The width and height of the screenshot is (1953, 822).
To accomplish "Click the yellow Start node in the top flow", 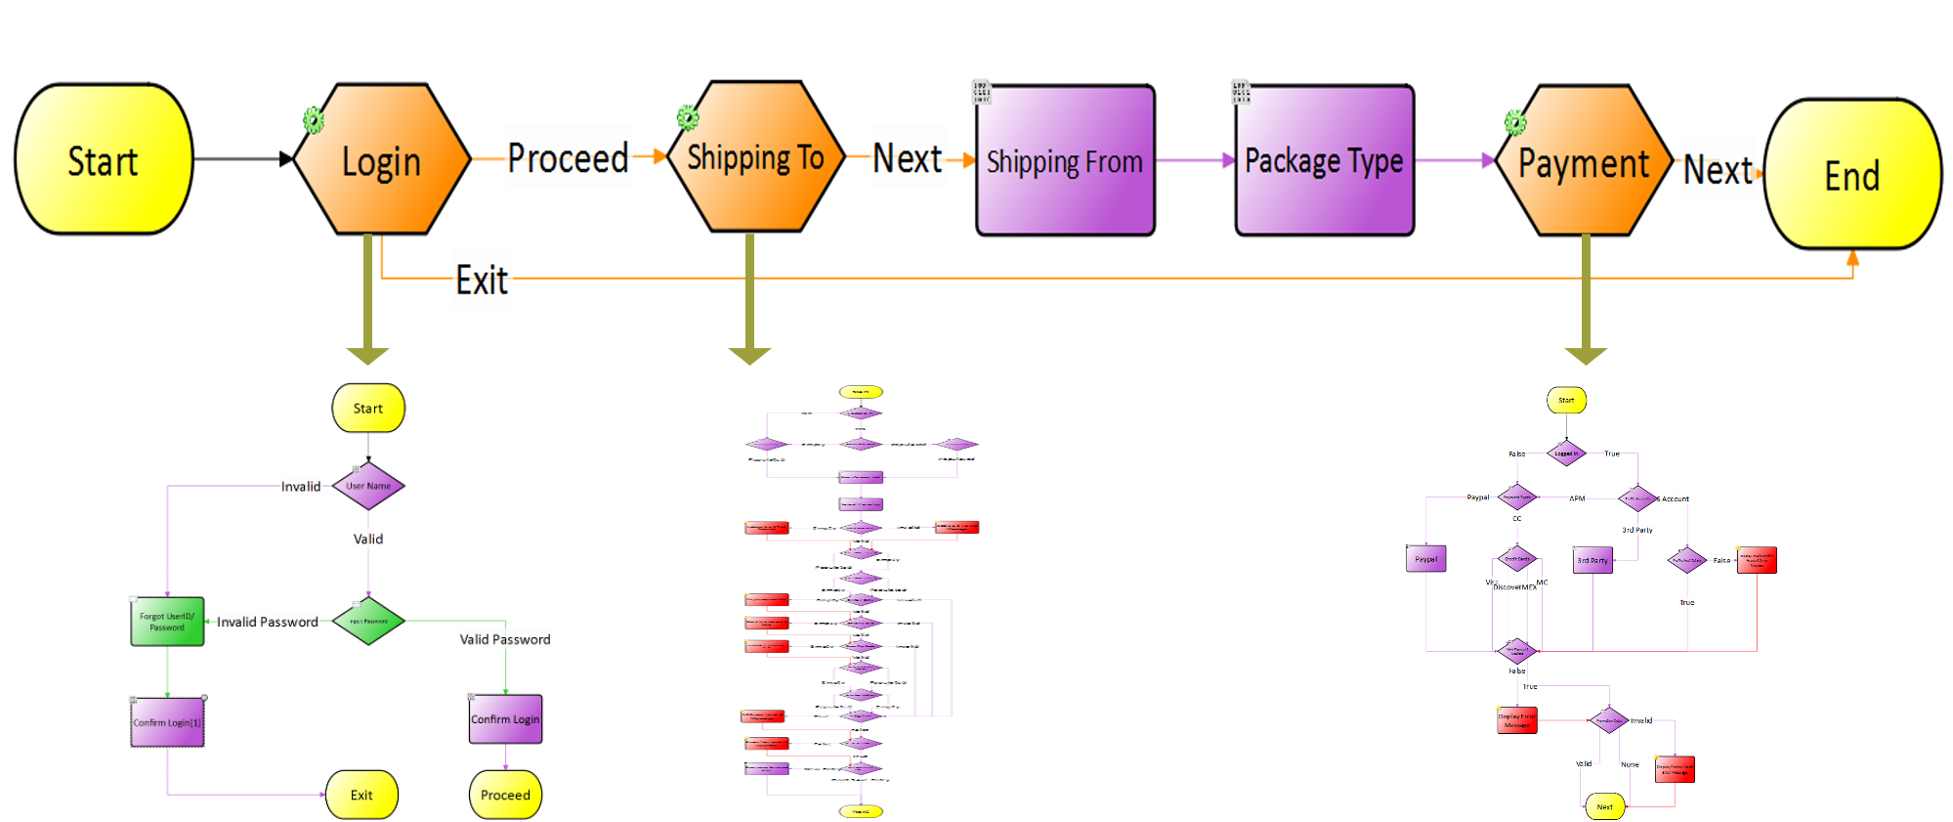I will tap(104, 159).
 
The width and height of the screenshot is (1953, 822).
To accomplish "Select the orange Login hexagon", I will tap(382, 159).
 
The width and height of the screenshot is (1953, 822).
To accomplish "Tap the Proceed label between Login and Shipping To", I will tap(568, 157).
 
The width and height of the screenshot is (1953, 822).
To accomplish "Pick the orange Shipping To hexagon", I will tap(755, 157).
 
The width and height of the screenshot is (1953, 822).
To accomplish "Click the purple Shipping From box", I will tap(1065, 160).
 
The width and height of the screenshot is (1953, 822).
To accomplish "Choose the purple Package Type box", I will tap(1324, 160).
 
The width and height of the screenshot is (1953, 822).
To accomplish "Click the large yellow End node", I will tap(1852, 175).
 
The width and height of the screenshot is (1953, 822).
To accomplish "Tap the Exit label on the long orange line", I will tap(483, 281).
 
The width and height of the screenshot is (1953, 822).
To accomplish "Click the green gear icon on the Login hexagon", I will tap(313, 120).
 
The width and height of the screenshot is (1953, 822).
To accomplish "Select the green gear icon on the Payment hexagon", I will tap(1514, 123).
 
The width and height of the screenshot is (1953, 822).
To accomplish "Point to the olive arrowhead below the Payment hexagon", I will tap(1586, 355).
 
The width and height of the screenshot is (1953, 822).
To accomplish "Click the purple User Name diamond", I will tap(368, 486).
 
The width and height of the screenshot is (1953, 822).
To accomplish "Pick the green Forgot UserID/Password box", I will tap(167, 622).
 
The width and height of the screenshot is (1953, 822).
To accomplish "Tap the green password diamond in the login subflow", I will tap(368, 621).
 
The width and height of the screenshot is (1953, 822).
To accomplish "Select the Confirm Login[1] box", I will tap(167, 722).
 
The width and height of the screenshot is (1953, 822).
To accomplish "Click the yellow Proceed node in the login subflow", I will tap(505, 795).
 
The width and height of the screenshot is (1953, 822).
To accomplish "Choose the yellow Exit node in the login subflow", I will tap(361, 795).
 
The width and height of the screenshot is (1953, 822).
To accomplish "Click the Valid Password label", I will tap(504, 639).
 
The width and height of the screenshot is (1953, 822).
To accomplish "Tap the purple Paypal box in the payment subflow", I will tap(1425, 559).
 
